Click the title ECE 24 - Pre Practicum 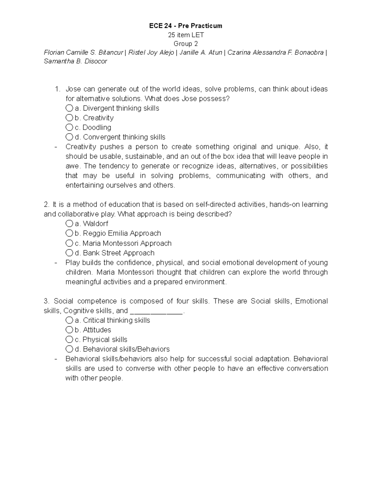(186, 26)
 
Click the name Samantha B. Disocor (75, 61)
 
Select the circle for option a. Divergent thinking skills (69, 108)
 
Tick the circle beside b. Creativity (69, 118)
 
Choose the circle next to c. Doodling (69, 127)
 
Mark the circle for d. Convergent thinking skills (69, 137)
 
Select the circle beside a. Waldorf (69, 224)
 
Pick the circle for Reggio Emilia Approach (69, 233)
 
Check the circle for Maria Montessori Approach (69, 243)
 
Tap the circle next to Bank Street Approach (69, 253)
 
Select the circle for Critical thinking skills (69, 320)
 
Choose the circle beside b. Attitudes (69, 330)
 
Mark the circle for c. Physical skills (69, 339)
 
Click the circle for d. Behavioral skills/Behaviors (69, 349)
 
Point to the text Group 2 (186, 44)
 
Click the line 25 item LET (186, 35)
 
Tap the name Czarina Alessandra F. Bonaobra (275, 52)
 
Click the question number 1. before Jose (57, 89)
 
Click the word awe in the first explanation (72, 166)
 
